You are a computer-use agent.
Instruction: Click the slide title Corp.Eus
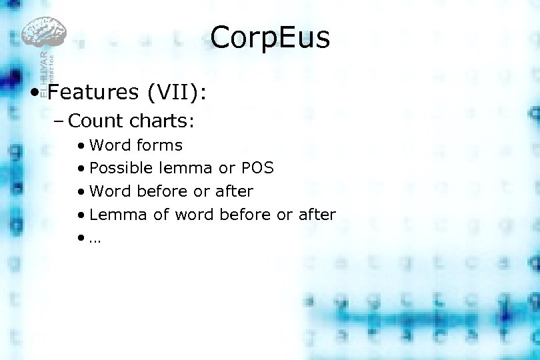[x=270, y=38]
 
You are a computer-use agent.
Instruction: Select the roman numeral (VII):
[x=176, y=91]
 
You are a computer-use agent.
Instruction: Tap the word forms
[x=159, y=145]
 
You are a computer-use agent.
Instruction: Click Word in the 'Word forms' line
[x=111, y=145]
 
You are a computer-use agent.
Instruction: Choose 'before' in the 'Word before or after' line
[x=163, y=191]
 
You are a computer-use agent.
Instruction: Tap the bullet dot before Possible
[x=80, y=169]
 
